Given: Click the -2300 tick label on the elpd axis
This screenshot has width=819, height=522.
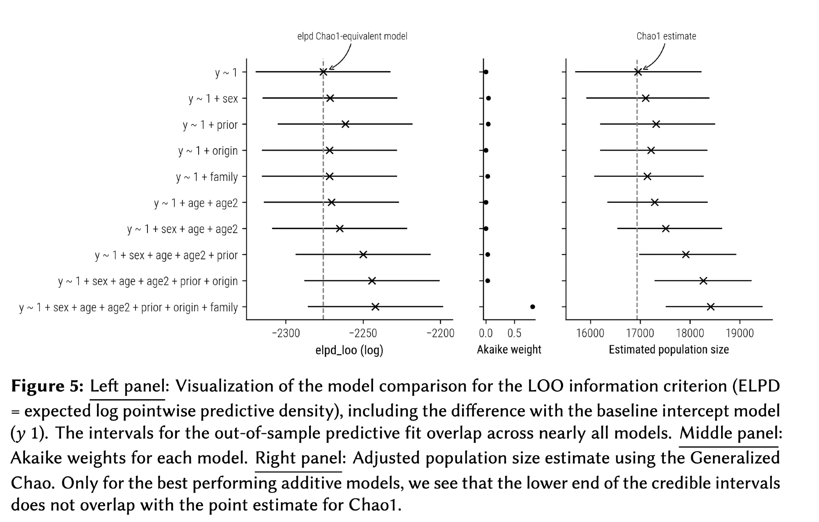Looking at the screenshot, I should [x=286, y=333].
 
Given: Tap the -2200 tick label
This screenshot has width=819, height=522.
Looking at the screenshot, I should [x=440, y=333].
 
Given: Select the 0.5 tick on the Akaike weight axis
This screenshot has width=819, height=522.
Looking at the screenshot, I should [x=514, y=333].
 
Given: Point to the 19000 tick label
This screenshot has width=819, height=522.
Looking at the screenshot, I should [x=740, y=333].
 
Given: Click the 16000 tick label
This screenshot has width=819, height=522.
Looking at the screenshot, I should [x=590, y=333].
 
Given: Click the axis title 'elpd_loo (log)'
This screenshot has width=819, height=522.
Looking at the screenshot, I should [x=349, y=350].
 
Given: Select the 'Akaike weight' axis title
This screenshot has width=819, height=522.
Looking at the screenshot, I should [x=509, y=350].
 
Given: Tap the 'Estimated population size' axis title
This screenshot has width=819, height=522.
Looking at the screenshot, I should [x=669, y=350].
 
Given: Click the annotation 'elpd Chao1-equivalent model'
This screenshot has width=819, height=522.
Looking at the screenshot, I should [x=352, y=36].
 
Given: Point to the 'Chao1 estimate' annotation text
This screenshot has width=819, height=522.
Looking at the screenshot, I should [x=666, y=36].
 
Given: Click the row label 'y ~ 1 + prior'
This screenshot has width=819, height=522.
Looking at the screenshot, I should [x=210, y=125].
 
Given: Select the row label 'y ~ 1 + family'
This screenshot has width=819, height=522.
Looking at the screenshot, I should [x=207, y=177].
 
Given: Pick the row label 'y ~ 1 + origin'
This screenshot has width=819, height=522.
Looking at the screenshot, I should [x=208, y=151].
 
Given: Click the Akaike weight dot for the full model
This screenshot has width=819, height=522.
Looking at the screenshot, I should [x=532, y=307].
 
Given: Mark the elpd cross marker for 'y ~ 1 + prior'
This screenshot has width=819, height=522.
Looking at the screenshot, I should [x=345, y=124].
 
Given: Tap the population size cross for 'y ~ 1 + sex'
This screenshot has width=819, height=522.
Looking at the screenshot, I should [x=645, y=98].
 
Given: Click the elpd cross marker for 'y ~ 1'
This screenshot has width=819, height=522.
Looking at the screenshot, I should [x=323, y=72].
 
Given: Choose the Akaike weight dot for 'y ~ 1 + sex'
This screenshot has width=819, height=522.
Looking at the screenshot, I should [x=489, y=98].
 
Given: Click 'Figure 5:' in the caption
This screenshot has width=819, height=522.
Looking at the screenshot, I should [x=47, y=386].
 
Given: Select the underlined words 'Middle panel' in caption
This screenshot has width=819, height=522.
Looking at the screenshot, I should [x=729, y=433].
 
